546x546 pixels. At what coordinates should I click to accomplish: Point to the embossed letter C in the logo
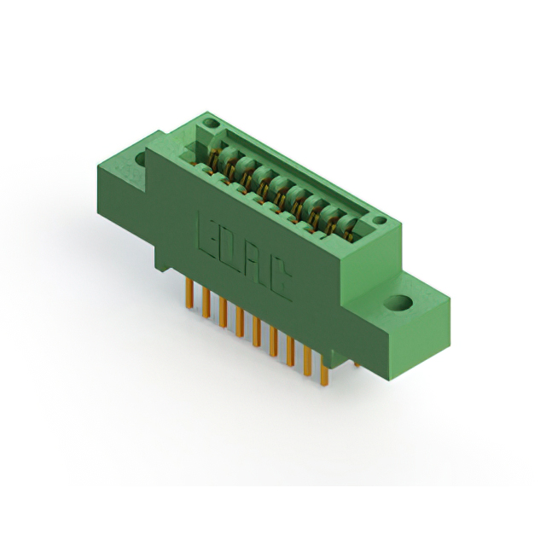278,285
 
